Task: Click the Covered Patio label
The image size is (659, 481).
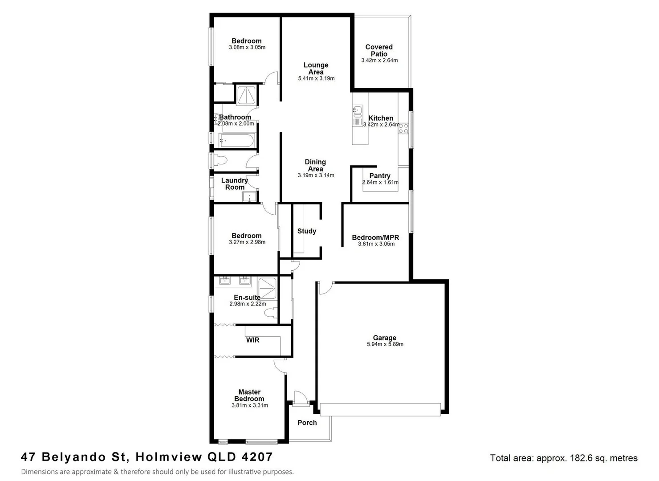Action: (x=379, y=50)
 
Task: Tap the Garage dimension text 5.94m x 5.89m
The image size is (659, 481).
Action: (x=385, y=344)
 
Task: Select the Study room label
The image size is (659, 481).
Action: (x=307, y=231)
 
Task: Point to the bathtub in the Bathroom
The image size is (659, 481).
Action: (x=236, y=141)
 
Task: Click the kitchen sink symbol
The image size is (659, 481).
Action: (x=357, y=110)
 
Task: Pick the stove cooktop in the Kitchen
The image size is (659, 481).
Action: (x=403, y=129)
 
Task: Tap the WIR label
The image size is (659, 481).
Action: (x=252, y=340)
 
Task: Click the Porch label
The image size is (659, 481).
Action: (x=307, y=423)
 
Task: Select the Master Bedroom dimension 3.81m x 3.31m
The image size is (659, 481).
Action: (x=250, y=406)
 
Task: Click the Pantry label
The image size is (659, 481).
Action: (x=380, y=176)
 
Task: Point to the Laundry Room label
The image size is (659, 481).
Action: (x=235, y=184)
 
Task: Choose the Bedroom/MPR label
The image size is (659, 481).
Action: (x=375, y=237)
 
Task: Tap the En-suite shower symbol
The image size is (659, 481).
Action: (x=267, y=288)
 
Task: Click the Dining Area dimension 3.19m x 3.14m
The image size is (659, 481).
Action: (x=316, y=175)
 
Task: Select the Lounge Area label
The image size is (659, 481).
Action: (x=316, y=69)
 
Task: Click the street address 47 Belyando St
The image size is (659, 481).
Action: (x=75, y=457)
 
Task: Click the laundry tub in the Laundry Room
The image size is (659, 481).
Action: (x=250, y=196)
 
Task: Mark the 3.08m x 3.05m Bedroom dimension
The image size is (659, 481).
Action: (x=247, y=47)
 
